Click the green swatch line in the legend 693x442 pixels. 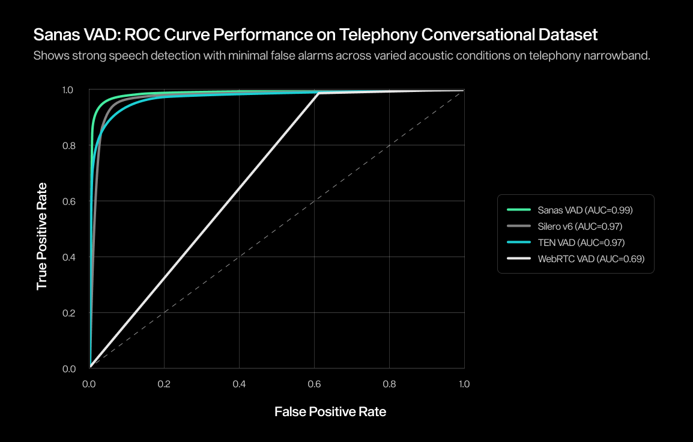[x=519, y=210]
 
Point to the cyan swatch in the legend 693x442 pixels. [x=519, y=243]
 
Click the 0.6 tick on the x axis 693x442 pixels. [x=314, y=383]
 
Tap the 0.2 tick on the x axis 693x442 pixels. [x=164, y=383]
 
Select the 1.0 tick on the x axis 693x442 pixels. [x=464, y=383]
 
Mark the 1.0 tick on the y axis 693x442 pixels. [x=68, y=90]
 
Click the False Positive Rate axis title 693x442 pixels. [x=330, y=412]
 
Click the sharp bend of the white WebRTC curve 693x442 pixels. [x=318, y=93]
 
